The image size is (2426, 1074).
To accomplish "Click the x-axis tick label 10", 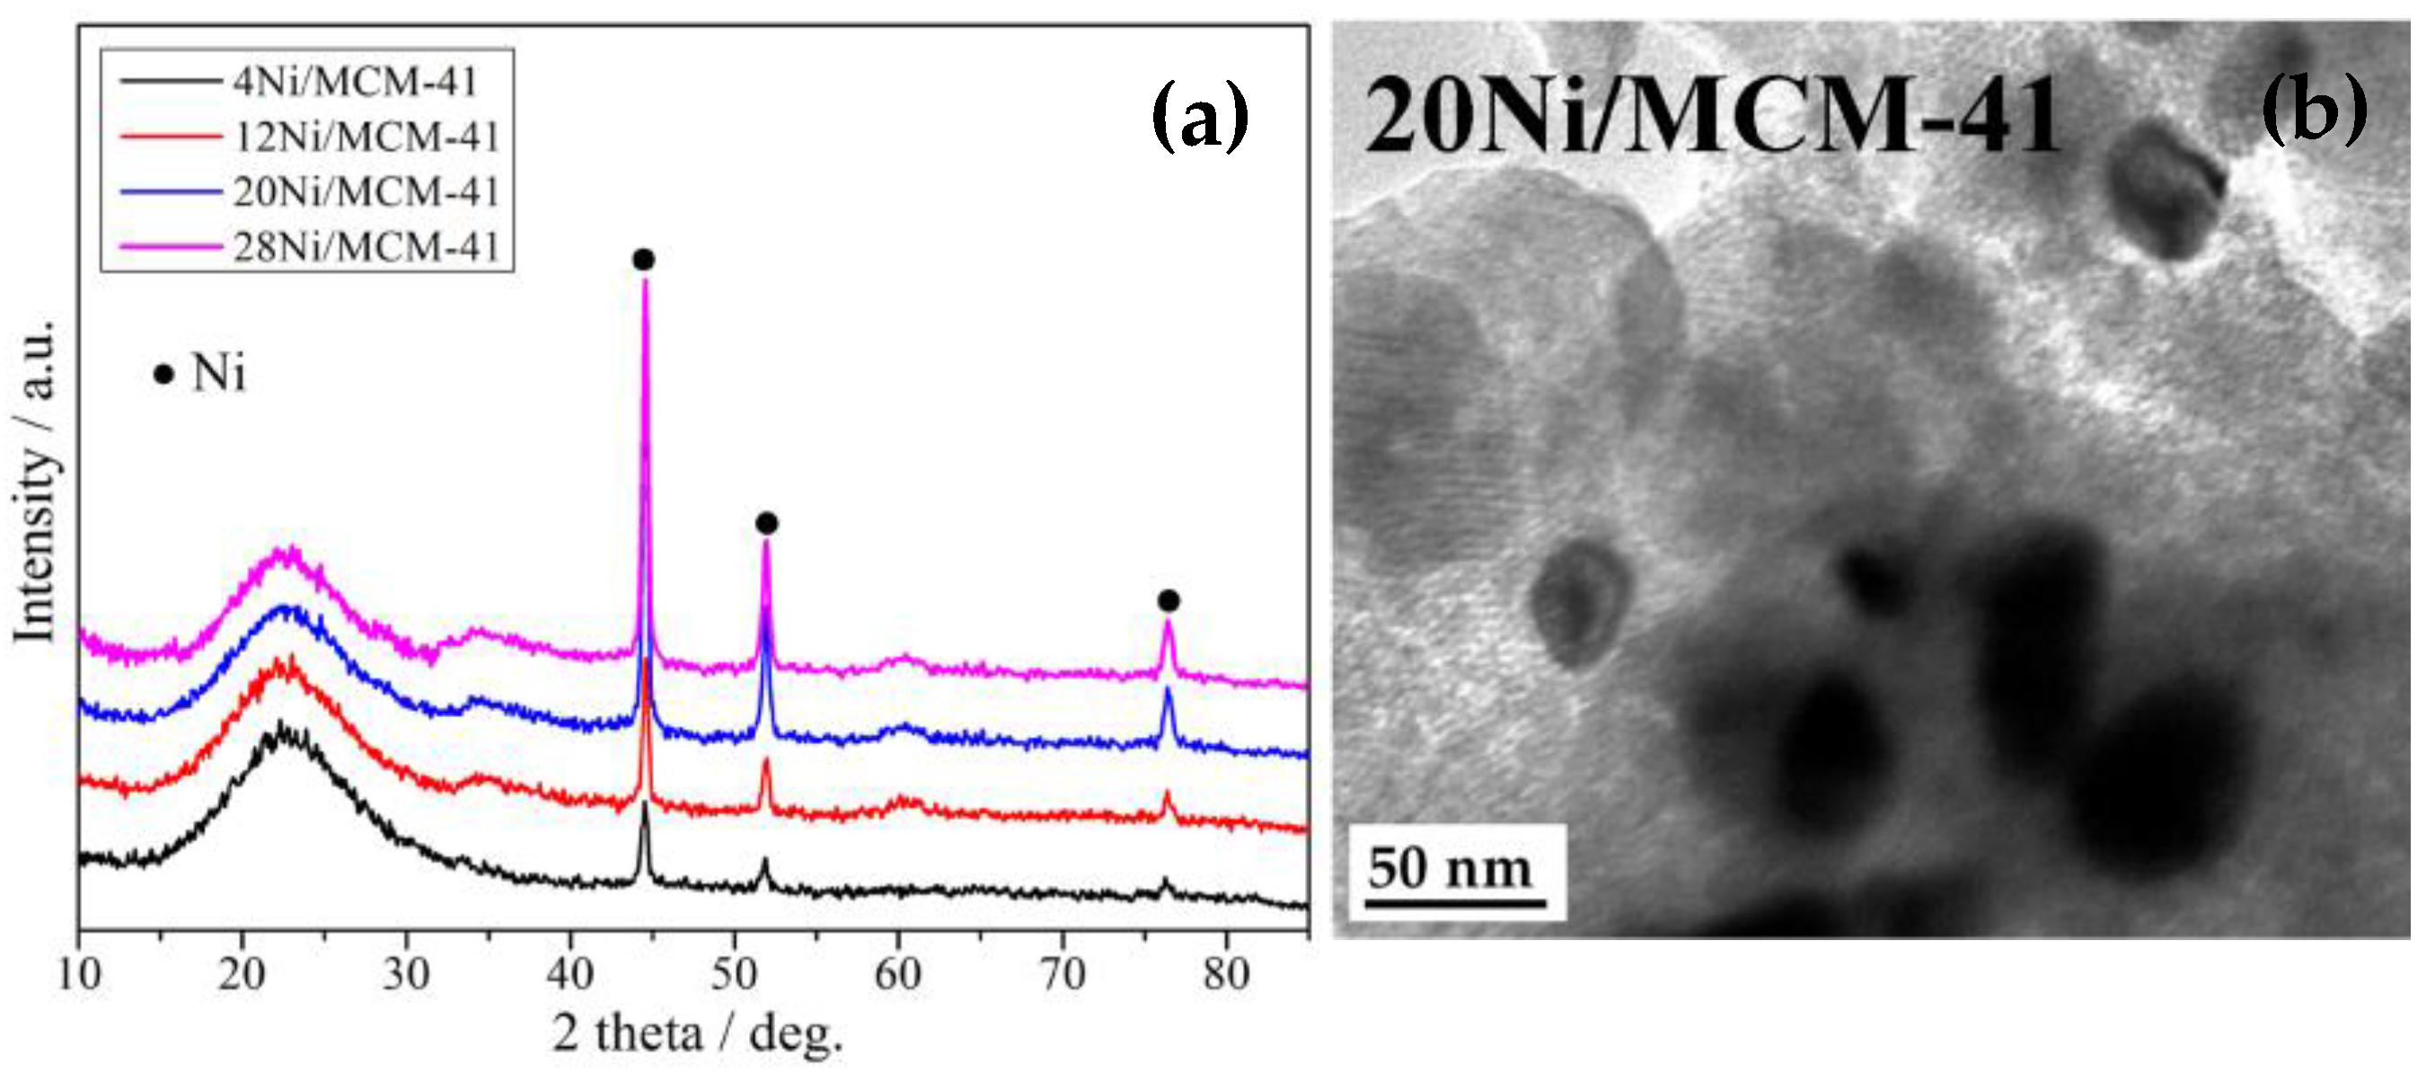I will click(79, 973).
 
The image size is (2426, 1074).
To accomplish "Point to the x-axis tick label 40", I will click(569, 973).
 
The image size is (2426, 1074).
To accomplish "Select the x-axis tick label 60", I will click(897, 973).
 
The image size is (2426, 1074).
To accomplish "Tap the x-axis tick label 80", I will click(1225, 973).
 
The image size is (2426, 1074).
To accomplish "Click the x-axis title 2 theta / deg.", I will click(697, 1034).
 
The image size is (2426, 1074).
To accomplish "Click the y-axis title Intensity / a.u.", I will click(36, 481).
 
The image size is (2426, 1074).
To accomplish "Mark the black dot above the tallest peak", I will click(643, 260).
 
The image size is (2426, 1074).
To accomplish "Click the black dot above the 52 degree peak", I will click(766, 523).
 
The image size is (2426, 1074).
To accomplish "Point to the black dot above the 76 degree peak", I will click(1169, 601).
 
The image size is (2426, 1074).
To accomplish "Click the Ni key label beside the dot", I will click(218, 374).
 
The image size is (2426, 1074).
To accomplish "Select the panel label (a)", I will click(1200, 115).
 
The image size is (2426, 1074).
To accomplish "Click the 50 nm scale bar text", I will click(1451, 868).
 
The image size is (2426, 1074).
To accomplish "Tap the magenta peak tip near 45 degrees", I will click(645, 282).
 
